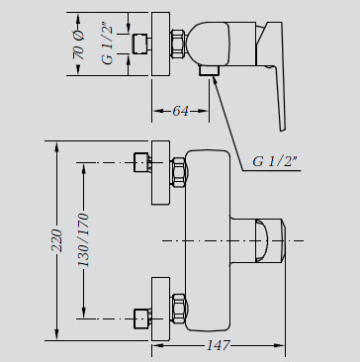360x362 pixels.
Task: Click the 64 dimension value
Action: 181,111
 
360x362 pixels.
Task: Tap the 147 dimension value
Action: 218,345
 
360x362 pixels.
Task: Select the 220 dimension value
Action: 57,240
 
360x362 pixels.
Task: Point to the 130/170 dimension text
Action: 83,240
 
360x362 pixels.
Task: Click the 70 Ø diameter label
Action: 78,45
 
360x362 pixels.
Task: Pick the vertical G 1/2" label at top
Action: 107,45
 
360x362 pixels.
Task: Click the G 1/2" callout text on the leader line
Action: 275,161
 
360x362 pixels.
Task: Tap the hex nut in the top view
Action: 178,44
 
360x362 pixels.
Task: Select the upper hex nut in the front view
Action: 179,172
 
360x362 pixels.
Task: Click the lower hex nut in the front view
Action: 179,309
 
